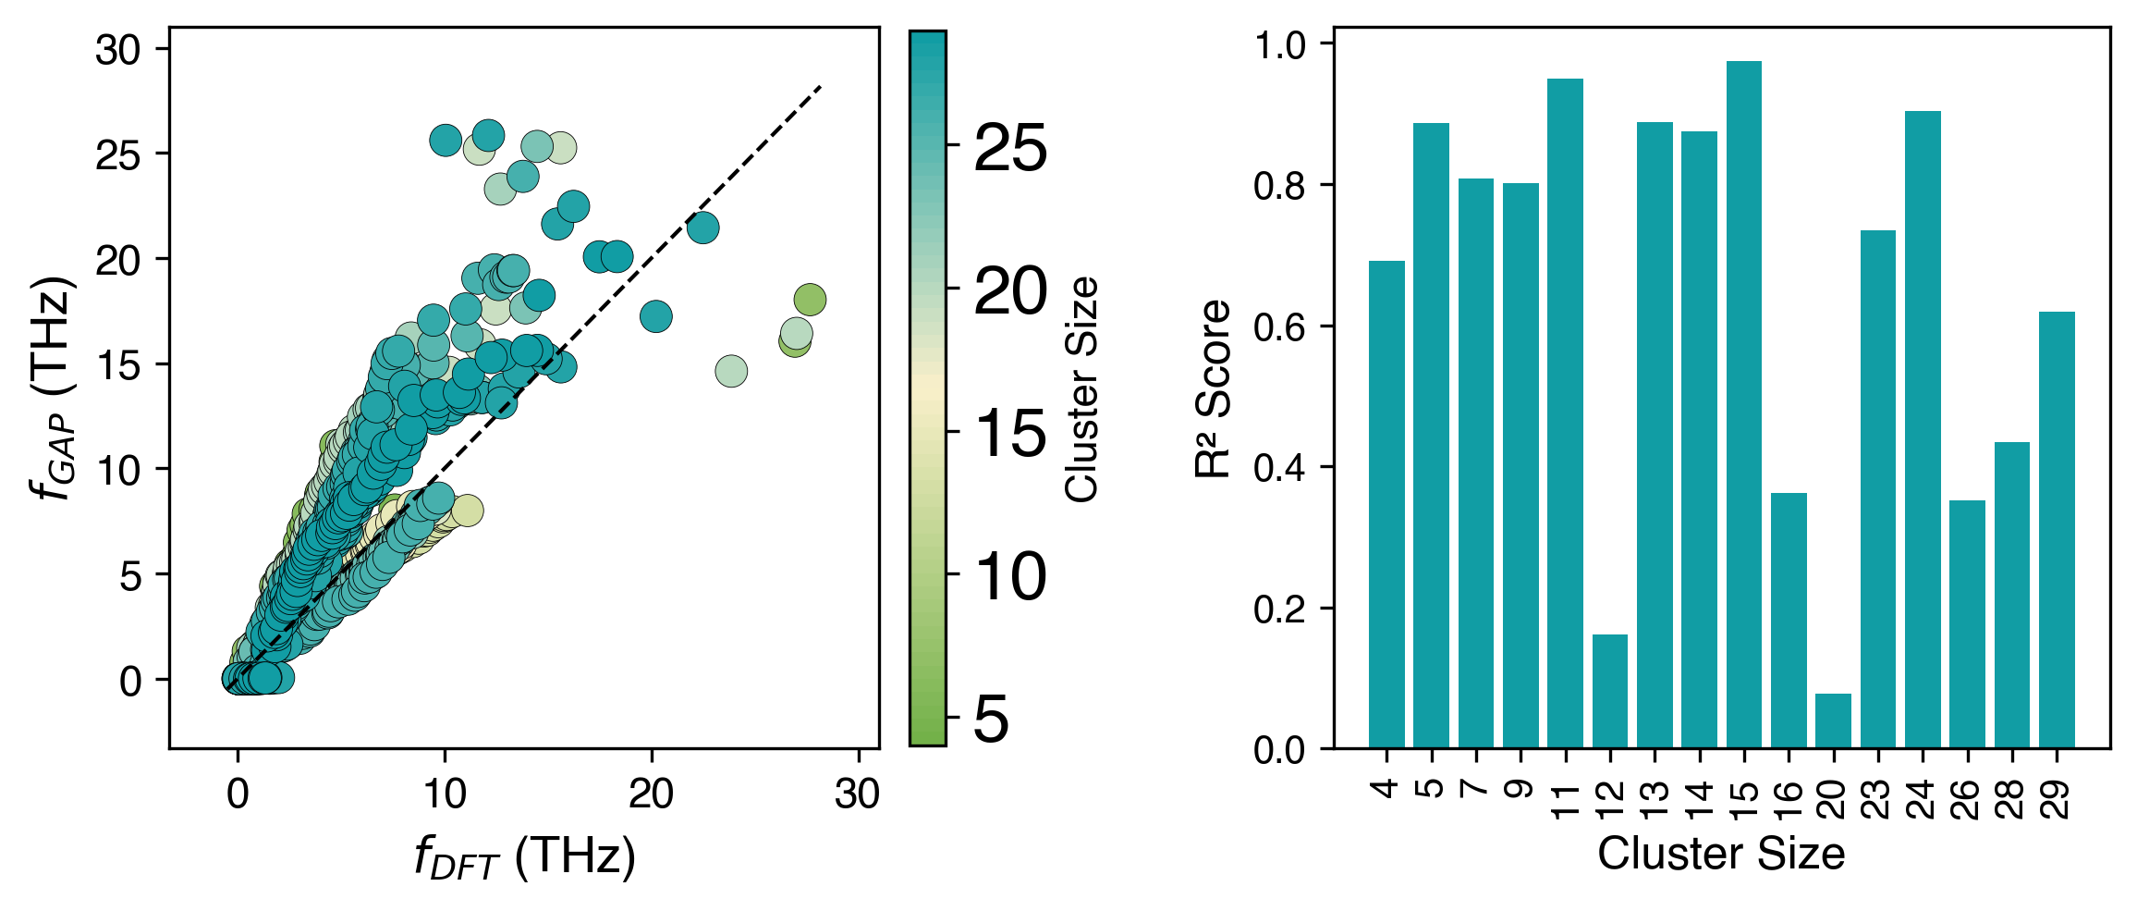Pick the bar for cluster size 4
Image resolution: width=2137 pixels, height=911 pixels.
click(1386, 504)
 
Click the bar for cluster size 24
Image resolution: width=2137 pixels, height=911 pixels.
click(1923, 429)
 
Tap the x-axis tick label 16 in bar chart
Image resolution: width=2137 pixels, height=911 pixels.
click(1789, 799)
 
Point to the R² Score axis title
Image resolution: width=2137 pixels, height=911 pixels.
click(1214, 388)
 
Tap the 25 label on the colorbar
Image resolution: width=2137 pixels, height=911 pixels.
click(1010, 147)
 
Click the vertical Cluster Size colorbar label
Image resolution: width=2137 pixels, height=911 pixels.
click(1081, 388)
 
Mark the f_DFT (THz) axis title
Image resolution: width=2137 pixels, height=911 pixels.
click(524, 858)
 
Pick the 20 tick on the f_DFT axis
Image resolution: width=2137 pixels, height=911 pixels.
click(651, 794)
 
